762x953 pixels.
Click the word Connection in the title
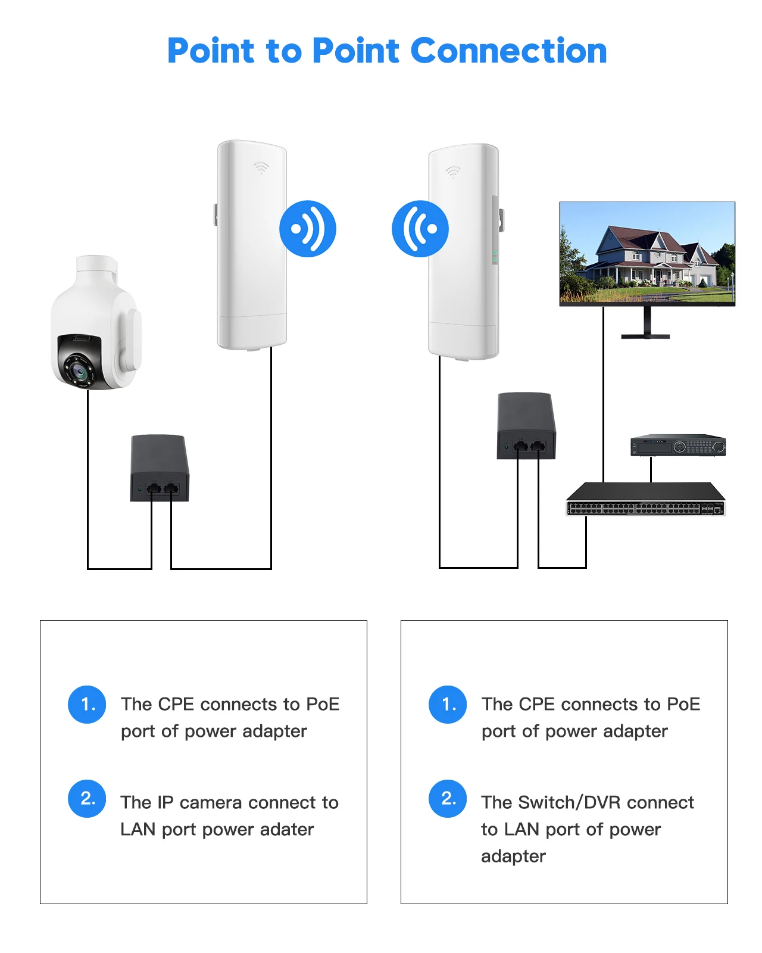[x=508, y=51]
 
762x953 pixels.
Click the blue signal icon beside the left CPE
[x=308, y=229]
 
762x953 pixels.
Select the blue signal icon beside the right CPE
[x=420, y=229]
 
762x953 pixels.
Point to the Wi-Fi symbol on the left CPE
[x=261, y=167]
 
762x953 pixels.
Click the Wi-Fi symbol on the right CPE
[x=453, y=172]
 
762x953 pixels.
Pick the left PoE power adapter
[x=160, y=468]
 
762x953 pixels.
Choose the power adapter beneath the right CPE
[x=526, y=425]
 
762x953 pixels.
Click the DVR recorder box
[x=678, y=446]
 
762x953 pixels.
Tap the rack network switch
[x=646, y=500]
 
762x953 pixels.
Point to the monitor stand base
[x=645, y=337]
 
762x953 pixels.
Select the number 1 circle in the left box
[x=87, y=705]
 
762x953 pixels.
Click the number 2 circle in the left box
[x=87, y=799]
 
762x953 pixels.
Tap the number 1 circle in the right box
[x=448, y=705]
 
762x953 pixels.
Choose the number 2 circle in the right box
[x=448, y=799]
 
